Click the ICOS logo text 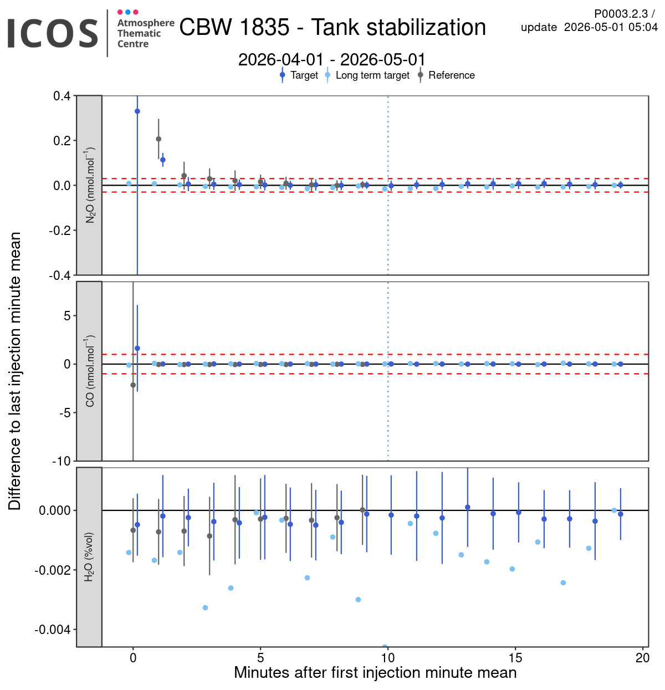point(53,34)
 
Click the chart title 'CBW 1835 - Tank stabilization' point(332,27)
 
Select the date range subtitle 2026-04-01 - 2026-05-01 point(331,59)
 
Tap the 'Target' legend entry point(299,75)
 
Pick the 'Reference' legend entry point(446,75)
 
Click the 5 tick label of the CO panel point(68,316)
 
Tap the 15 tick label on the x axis point(515,658)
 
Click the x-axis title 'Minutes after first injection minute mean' point(375,673)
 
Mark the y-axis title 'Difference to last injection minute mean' point(14,371)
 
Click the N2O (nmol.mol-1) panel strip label point(90,185)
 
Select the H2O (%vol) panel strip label point(89,557)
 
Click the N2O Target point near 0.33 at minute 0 point(137,111)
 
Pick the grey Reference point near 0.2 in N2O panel point(158,139)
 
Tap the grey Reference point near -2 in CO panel point(133,385)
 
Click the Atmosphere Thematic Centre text point(146,33)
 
